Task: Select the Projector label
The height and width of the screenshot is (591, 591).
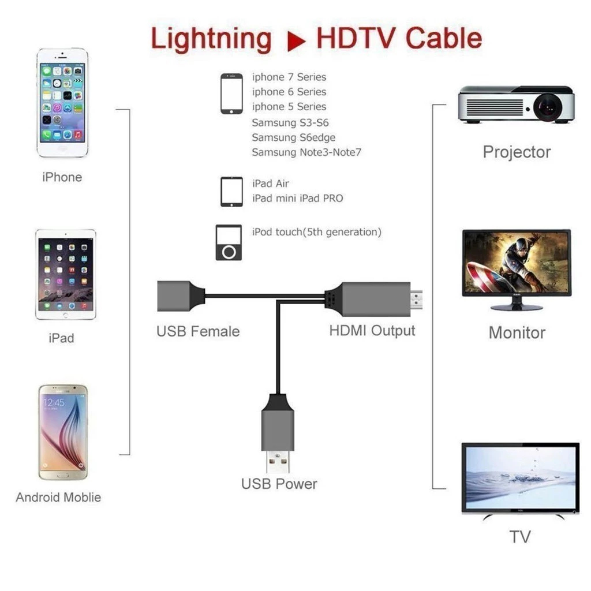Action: click(517, 152)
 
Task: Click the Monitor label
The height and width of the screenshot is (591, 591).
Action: click(517, 332)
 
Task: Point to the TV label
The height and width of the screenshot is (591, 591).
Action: click(519, 537)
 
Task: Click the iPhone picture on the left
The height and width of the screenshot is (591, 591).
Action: click(62, 103)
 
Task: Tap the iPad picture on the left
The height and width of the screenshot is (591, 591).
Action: click(65, 274)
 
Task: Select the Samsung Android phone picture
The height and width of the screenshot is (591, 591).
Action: click(63, 432)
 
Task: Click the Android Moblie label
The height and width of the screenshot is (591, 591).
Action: click(58, 498)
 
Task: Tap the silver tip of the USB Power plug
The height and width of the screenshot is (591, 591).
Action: click(278, 461)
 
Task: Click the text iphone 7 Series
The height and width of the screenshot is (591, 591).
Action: click(289, 77)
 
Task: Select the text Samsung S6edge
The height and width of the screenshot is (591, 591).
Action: click(293, 137)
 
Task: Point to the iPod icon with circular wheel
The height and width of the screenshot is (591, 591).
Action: click(229, 242)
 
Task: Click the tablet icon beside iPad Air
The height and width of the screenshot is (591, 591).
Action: click(231, 192)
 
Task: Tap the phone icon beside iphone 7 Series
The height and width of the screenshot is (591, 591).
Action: click(231, 93)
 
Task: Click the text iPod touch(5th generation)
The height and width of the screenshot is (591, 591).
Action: click(317, 232)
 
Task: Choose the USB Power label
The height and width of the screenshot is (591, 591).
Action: click(279, 484)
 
